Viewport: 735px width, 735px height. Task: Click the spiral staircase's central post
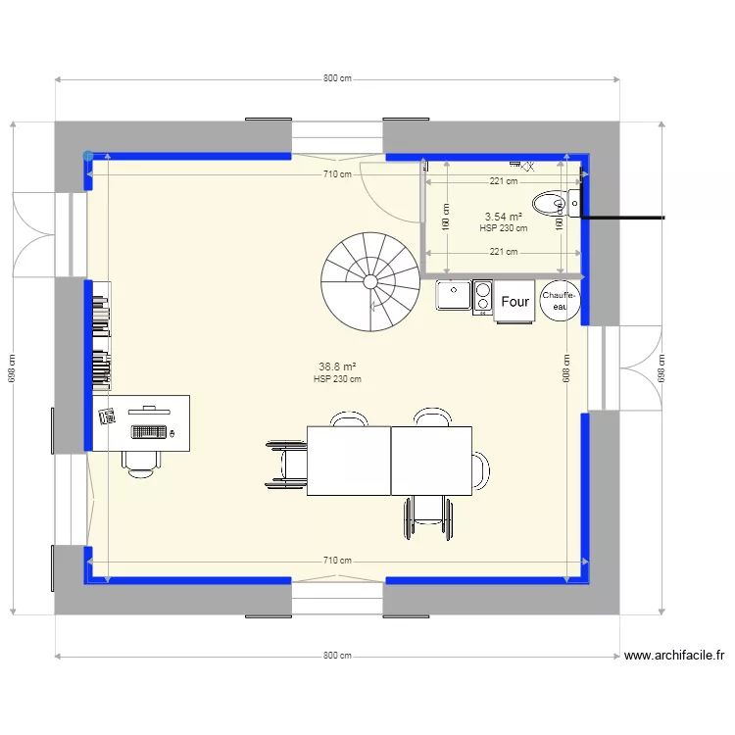point(370,281)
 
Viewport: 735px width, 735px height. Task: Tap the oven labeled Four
point(514,302)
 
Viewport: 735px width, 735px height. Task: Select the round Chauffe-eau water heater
point(560,301)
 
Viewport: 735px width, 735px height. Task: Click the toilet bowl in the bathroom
point(549,204)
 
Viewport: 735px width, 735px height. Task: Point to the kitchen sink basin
point(454,295)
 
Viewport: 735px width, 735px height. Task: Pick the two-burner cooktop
point(482,297)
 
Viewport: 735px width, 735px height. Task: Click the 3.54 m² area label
point(504,217)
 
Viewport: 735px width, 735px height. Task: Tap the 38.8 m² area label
point(337,367)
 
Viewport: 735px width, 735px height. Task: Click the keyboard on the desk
point(149,432)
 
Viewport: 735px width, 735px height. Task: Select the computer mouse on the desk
point(171,433)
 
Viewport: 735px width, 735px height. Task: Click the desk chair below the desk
point(140,465)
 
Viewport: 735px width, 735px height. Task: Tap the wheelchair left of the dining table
point(286,465)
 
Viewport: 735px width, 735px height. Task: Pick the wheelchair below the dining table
point(428,517)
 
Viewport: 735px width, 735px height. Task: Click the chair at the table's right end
point(480,470)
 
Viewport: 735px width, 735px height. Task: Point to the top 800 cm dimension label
point(337,78)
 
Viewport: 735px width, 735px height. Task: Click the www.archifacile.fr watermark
point(674,655)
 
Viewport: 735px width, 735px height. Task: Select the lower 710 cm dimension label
point(337,561)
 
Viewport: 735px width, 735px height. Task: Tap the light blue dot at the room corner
point(88,156)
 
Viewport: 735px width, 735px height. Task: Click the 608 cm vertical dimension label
point(566,368)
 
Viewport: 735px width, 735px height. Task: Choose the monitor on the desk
point(149,411)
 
